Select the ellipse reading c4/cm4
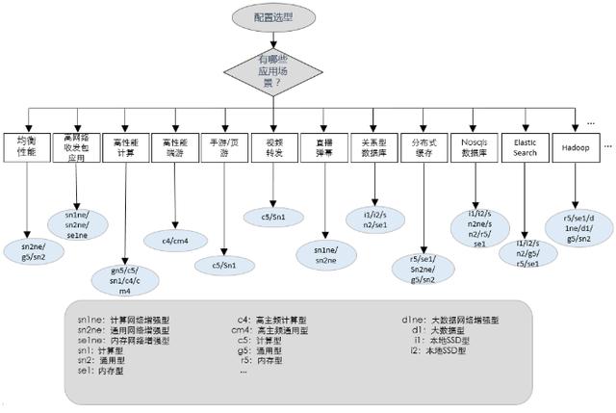(174, 239)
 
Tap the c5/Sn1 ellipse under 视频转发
(275, 217)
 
